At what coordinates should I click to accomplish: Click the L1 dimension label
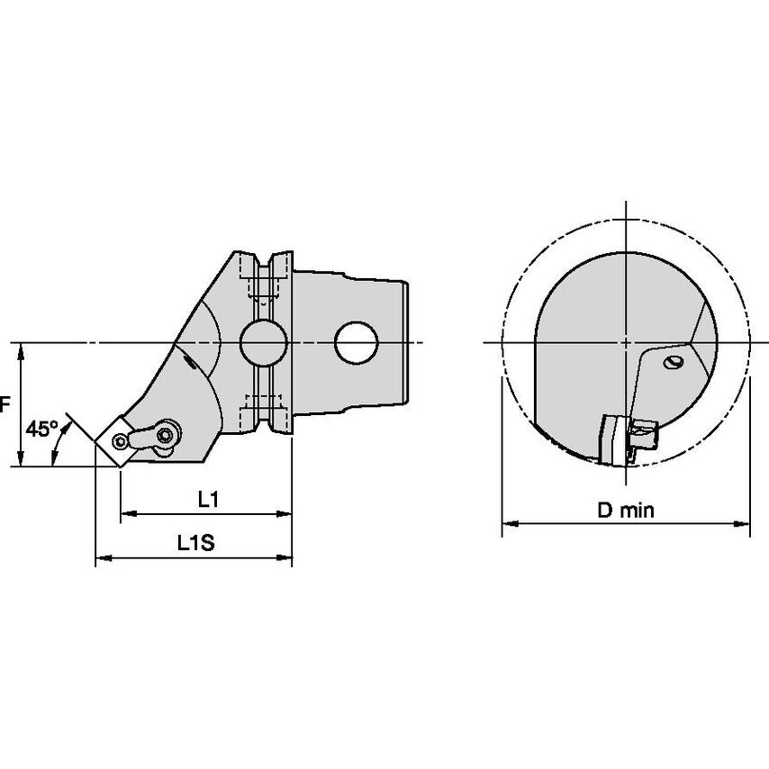pyautogui.click(x=208, y=500)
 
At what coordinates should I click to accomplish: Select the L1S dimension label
pyautogui.click(x=195, y=543)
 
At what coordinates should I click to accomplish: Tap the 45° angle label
pyautogui.click(x=42, y=429)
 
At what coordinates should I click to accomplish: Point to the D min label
pyautogui.click(x=626, y=511)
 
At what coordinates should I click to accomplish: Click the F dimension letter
pyautogui.click(x=5, y=405)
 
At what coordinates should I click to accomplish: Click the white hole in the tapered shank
pyautogui.click(x=356, y=342)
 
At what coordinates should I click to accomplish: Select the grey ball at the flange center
pyautogui.click(x=264, y=342)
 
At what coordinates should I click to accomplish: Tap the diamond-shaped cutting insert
pyautogui.click(x=114, y=441)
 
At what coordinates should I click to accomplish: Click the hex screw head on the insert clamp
pyautogui.click(x=166, y=434)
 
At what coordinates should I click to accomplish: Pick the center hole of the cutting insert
pyautogui.click(x=119, y=441)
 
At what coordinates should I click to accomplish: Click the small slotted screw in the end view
pyautogui.click(x=673, y=362)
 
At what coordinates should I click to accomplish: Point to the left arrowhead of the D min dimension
pyautogui.click(x=510, y=523)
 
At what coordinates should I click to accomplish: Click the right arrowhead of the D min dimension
pyautogui.click(x=742, y=523)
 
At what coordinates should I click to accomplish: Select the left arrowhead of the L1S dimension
pyautogui.click(x=104, y=557)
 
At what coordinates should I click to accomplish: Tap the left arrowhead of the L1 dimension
pyautogui.click(x=129, y=514)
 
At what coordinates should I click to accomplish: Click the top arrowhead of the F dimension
pyautogui.click(x=20, y=351)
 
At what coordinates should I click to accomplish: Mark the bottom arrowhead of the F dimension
pyautogui.click(x=20, y=458)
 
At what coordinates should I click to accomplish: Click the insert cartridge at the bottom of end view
pyautogui.click(x=627, y=440)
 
